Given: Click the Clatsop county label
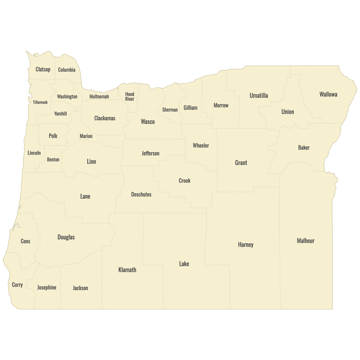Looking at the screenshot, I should [x=43, y=69].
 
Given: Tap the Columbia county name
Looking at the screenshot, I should [x=67, y=70].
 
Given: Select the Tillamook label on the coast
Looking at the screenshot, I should [x=40, y=102].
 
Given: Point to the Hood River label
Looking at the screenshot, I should [x=130, y=97].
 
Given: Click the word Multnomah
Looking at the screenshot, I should [x=99, y=97].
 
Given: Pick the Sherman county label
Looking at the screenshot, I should [x=170, y=110].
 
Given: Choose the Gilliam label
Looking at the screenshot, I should [x=190, y=108].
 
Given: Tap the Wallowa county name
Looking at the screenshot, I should [x=328, y=94].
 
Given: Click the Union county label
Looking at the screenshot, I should [x=288, y=112].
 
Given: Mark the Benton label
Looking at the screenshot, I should [x=53, y=160].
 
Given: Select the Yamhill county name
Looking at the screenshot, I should [x=60, y=114].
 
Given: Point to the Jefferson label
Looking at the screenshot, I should [x=150, y=153].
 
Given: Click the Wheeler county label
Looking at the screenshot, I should [x=201, y=145].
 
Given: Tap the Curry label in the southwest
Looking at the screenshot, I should [x=17, y=285].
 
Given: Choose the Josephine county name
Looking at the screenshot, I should [x=46, y=287].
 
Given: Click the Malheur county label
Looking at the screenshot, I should [x=305, y=241].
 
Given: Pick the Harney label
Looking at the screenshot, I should [x=246, y=244].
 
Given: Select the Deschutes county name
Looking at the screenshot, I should [x=141, y=194].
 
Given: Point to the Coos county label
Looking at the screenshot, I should [x=25, y=241].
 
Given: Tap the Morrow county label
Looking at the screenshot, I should [x=221, y=105].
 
